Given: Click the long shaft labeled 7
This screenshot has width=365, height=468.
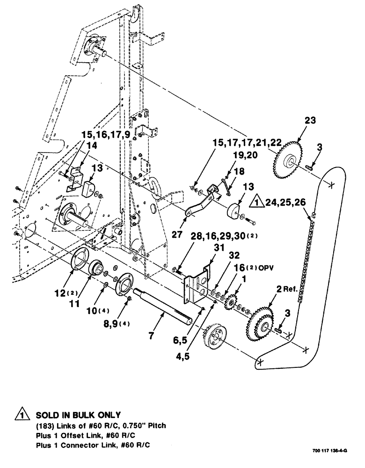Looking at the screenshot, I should pyautogui.click(x=164, y=307).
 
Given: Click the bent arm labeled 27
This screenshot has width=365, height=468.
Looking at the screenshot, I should pyautogui.click(x=199, y=204).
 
